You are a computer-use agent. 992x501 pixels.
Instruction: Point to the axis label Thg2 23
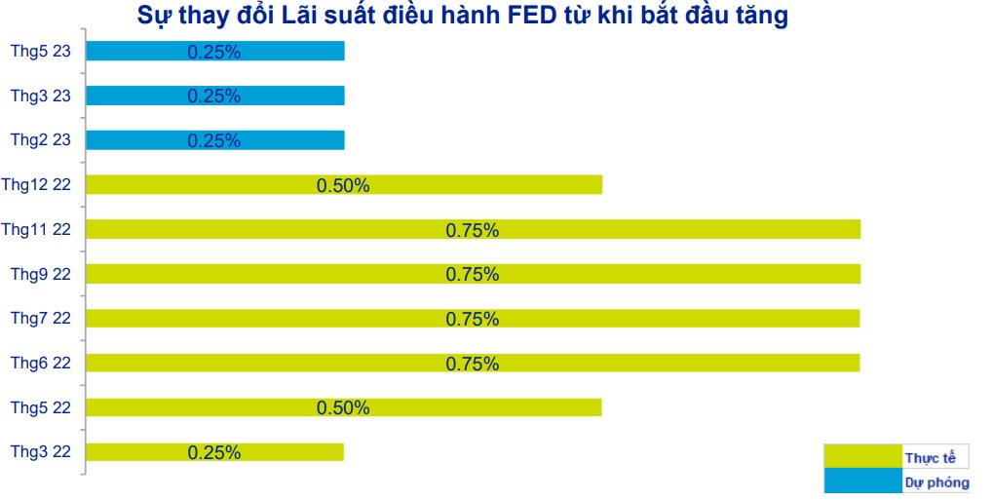click(x=41, y=140)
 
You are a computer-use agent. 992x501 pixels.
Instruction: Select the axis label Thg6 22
click(x=41, y=363)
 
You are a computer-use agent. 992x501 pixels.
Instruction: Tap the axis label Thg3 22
click(x=41, y=451)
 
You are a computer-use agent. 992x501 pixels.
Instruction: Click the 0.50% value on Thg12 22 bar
click(x=343, y=185)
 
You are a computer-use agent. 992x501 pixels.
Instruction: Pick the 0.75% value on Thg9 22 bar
click(x=473, y=274)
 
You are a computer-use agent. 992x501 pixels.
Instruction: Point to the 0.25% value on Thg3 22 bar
click(x=214, y=452)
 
